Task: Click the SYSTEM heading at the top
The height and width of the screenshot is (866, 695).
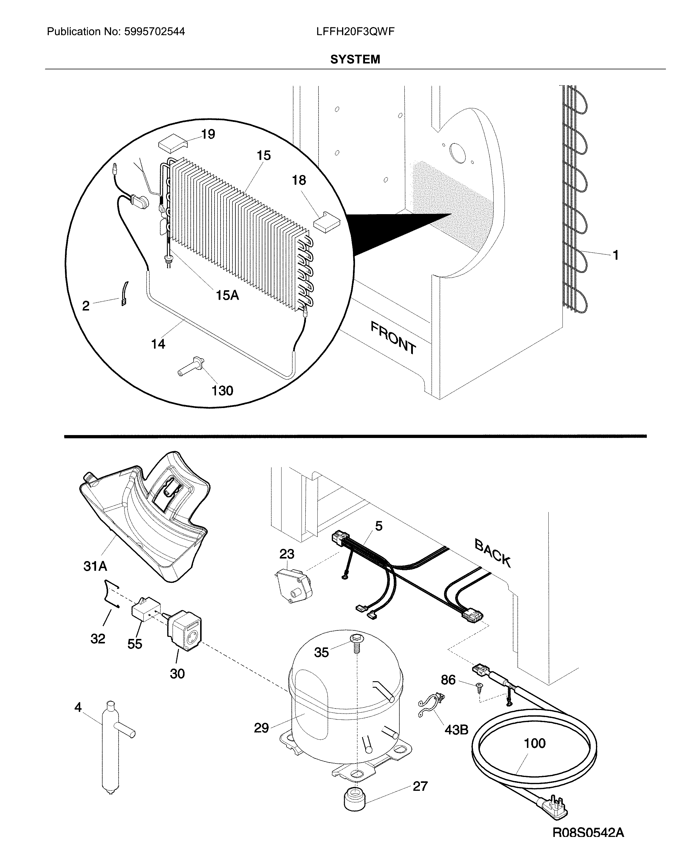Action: (x=355, y=59)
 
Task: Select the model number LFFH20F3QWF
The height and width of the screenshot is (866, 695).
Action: (x=355, y=32)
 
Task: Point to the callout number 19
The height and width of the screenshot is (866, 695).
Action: (x=208, y=134)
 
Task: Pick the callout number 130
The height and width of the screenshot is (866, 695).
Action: (x=222, y=390)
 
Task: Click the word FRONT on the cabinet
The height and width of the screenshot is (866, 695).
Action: (x=393, y=338)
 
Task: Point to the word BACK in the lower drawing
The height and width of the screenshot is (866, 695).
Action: (x=493, y=553)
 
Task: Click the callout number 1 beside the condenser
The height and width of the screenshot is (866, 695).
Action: (x=615, y=255)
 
